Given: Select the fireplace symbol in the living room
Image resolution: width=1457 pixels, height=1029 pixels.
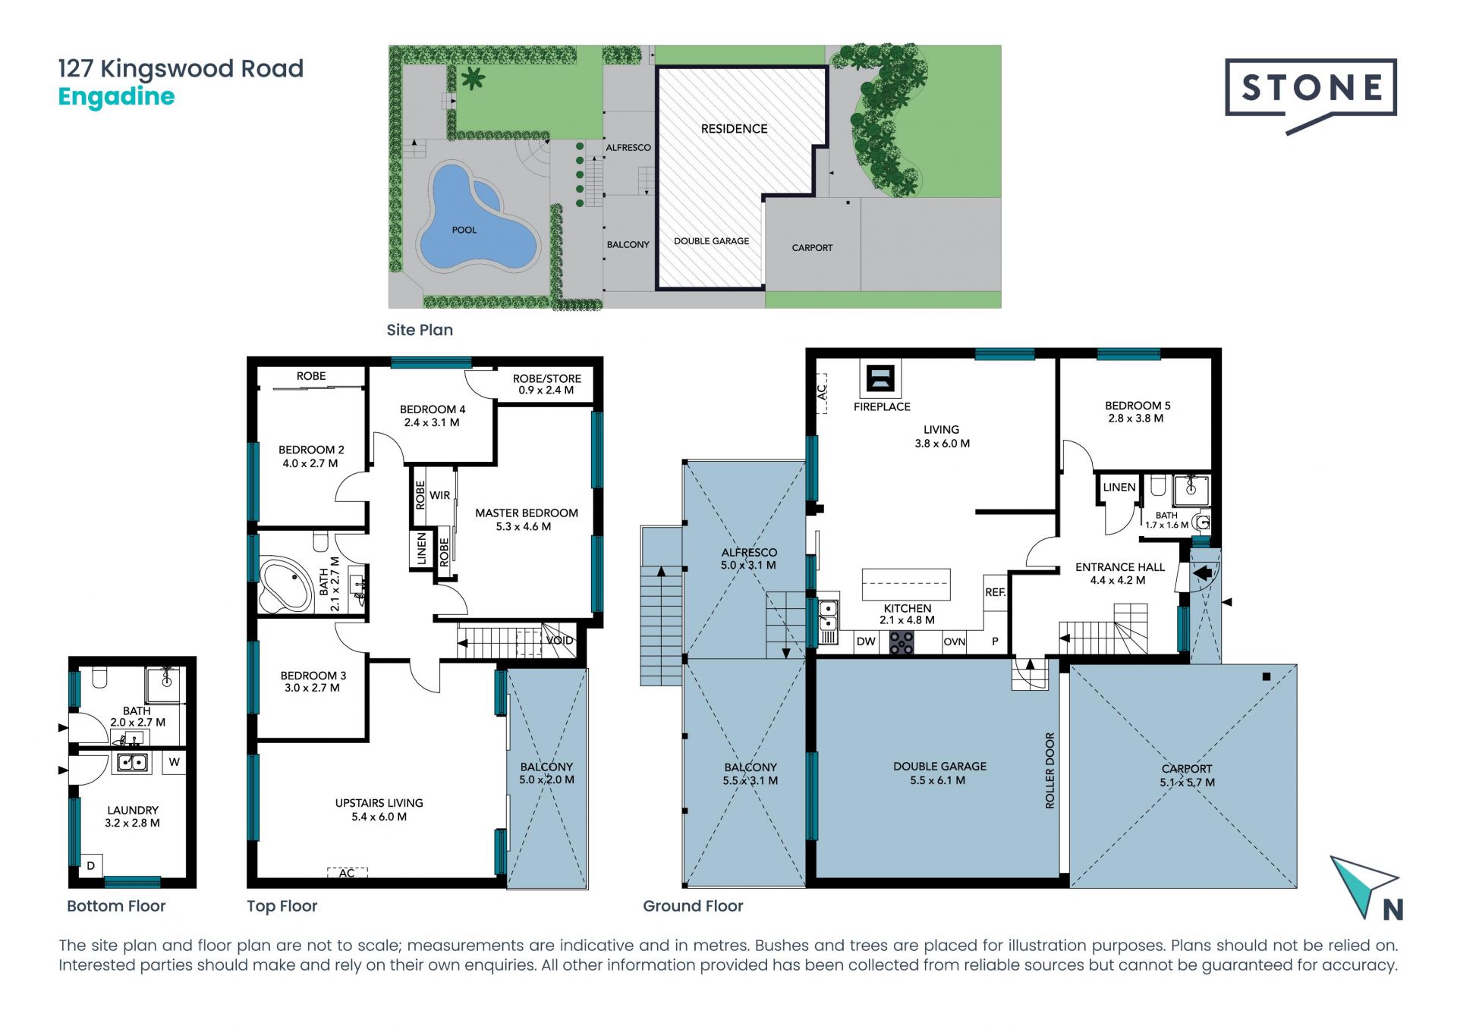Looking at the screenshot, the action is [x=880, y=378].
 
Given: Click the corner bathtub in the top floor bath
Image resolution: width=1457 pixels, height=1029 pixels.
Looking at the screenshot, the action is [x=285, y=585].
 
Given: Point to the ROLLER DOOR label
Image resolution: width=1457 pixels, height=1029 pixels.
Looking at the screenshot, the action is [x=1050, y=770].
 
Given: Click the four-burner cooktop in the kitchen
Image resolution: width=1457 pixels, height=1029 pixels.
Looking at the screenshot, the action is [x=902, y=642].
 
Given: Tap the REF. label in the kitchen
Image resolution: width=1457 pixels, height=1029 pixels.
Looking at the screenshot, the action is [x=995, y=592].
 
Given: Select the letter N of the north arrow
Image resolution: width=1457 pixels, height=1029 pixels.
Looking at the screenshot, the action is [x=1392, y=909].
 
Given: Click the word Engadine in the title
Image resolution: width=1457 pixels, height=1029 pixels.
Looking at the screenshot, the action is [x=116, y=97].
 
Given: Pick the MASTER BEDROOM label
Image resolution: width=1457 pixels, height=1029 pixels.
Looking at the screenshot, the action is [x=527, y=513].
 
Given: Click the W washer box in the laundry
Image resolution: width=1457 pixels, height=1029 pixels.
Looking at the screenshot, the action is [x=175, y=762].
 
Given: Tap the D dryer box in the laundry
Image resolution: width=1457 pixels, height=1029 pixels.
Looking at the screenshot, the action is [x=91, y=866].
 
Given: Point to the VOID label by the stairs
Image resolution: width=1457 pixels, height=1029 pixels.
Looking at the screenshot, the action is [x=560, y=641].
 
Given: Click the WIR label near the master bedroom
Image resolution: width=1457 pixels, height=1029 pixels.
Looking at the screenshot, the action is [x=440, y=495].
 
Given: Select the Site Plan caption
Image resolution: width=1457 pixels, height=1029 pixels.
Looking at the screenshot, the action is [x=420, y=330].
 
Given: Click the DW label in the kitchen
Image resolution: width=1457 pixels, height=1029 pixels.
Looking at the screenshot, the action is [x=866, y=642].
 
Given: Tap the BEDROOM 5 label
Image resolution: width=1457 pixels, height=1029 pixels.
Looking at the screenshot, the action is [x=1138, y=406].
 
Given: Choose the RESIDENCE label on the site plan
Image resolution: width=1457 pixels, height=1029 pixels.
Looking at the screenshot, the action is [x=734, y=129].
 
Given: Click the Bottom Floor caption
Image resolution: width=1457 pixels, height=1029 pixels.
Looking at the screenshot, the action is [x=116, y=906].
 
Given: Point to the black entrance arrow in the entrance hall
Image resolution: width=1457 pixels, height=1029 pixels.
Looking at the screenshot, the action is [x=1202, y=574].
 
